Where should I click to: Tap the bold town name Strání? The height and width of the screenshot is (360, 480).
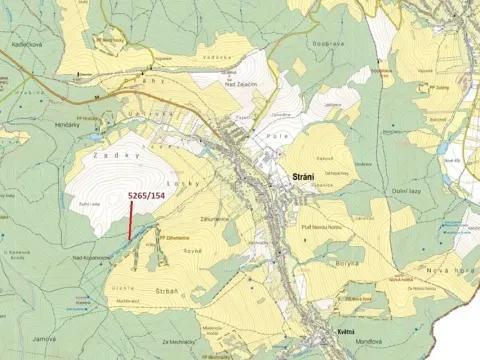tap(304, 177)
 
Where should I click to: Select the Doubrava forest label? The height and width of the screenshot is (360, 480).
tap(331, 44)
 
